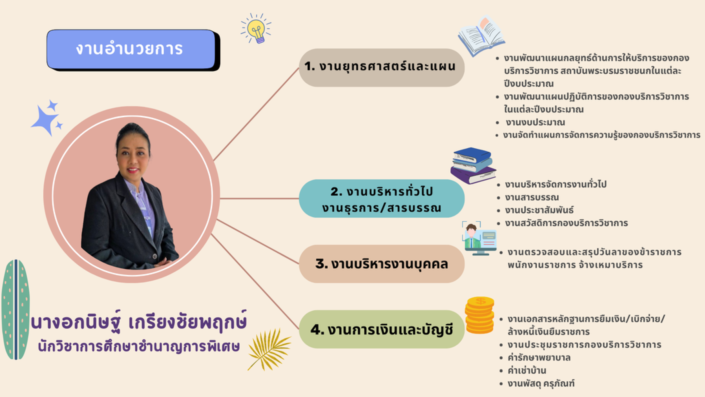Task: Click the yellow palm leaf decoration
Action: [269, 349]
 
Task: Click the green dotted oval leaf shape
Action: [16, 309]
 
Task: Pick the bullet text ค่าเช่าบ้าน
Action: [527, 370]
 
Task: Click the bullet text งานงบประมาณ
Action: [535, 122]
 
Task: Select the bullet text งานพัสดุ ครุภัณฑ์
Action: [541, 383]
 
